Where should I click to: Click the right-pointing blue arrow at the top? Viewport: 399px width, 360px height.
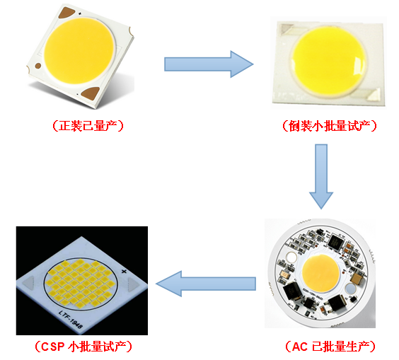pyautogui.click(x=209, y=64)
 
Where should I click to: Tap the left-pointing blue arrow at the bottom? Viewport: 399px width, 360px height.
pyautogui.click(x=206, y=284)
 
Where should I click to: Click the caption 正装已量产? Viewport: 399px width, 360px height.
pyautogui.click(x=88, y=126)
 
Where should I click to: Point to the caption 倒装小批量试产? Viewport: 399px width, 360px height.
pyautogui.click(x=330, y=126)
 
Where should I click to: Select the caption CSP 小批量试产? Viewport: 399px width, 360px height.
pyautogui.click(x=83, y=347)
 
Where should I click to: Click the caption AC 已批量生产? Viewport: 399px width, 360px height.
pyautogui.click(x=330, y=347)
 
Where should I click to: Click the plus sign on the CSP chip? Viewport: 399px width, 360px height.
pyautogui.click(x=124, y=271)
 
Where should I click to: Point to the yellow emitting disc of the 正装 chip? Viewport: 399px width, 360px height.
pyautogui.click(x=79, y=50)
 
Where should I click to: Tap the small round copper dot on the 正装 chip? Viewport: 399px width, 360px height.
pyautogui.click(x=38, y=66)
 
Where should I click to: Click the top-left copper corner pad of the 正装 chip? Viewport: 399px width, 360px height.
pyautogui.click(x=67, y=13)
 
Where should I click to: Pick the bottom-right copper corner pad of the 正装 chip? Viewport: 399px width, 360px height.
pyautogui.click(x=91, y=93)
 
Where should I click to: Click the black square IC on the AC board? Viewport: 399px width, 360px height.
pyautogui.click(x=335, y=242)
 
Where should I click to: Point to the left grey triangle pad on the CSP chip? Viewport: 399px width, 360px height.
pyautogui.click(x=28, y=283)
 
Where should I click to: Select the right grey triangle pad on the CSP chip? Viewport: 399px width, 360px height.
pyautogui.click(x=133, y=284)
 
